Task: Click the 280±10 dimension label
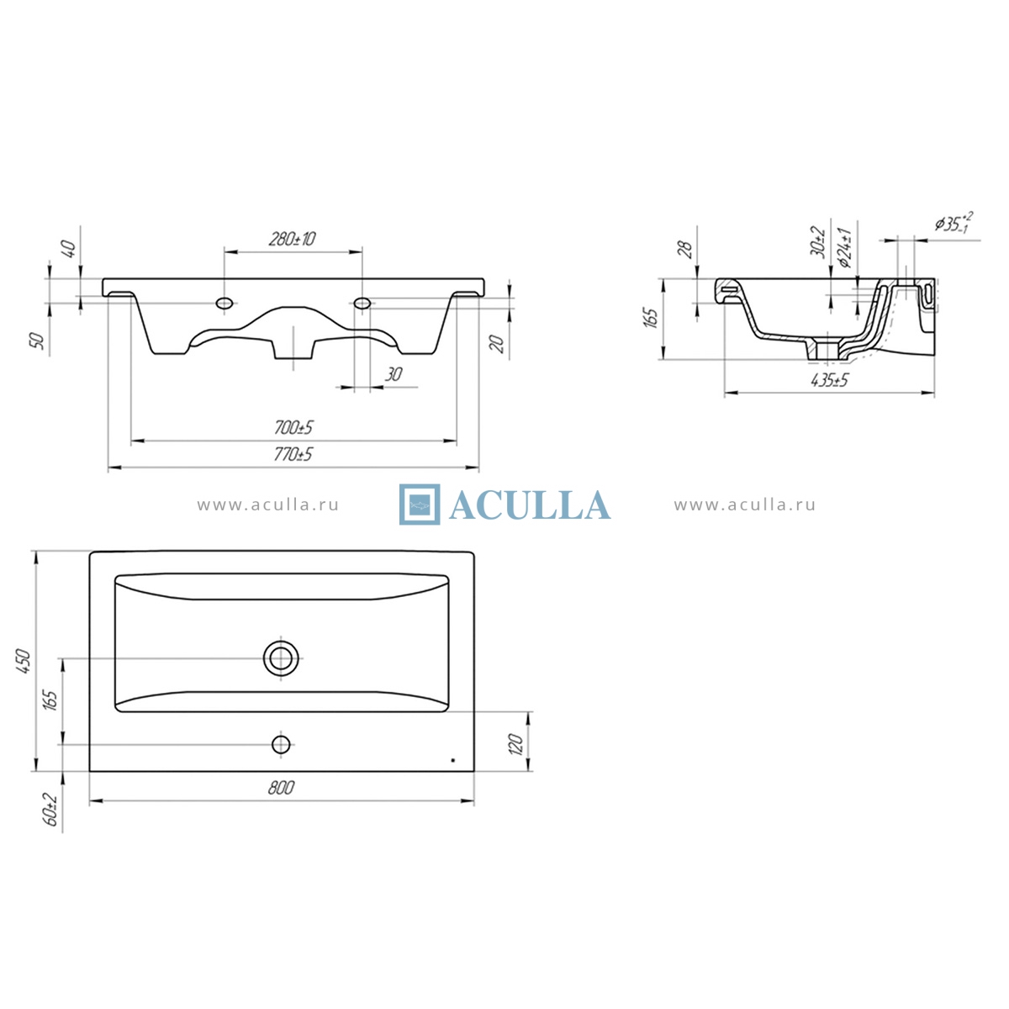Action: [x=292, y=239]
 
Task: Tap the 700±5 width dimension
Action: [x=293, y=428]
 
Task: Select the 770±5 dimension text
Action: [x=293, y=454]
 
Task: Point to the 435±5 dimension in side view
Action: [x=829, y=380]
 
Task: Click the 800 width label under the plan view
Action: [x=281, y=788]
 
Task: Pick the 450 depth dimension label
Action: [x=24, y=661]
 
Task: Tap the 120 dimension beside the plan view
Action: [x=515, y=744]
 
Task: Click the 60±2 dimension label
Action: [x=51, y=809]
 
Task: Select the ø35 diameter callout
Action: [x=954, y=222]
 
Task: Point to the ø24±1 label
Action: [x=844, y=248]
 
